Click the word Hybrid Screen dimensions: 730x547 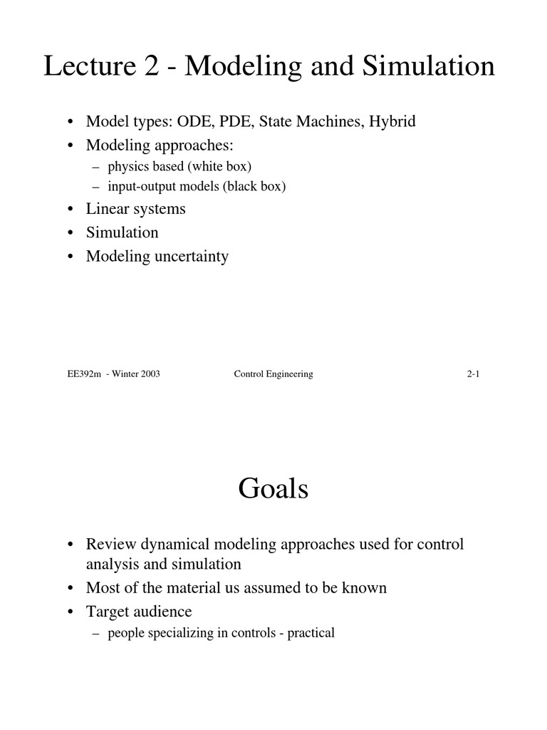(392, 121)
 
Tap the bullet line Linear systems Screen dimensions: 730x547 (135, 209)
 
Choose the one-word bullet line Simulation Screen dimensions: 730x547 (122, 232)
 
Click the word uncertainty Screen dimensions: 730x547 (192, 256)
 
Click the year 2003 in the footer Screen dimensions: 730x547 (145, 374)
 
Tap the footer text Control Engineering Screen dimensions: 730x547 (273, 374)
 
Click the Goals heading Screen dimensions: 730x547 (273, 489)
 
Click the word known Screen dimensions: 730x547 (365, 588)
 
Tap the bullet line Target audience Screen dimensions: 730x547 (139, 612)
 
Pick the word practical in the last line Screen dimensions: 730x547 (311, 633)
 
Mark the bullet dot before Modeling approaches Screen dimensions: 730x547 (71, 145)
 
